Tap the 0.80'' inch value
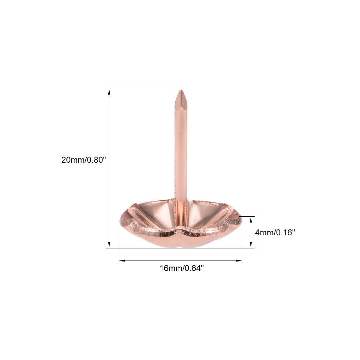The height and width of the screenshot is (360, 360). click(x=96, y=160)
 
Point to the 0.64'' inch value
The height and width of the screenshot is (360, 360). click(x=193, y=268)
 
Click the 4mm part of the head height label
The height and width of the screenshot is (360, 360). click(x=264, y=233)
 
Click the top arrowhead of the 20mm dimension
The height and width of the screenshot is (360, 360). click(x=109, y=91)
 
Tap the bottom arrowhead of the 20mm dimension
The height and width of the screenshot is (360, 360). click(x=109, y=245)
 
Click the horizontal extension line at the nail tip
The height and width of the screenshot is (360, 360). click(x=144, y=89)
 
